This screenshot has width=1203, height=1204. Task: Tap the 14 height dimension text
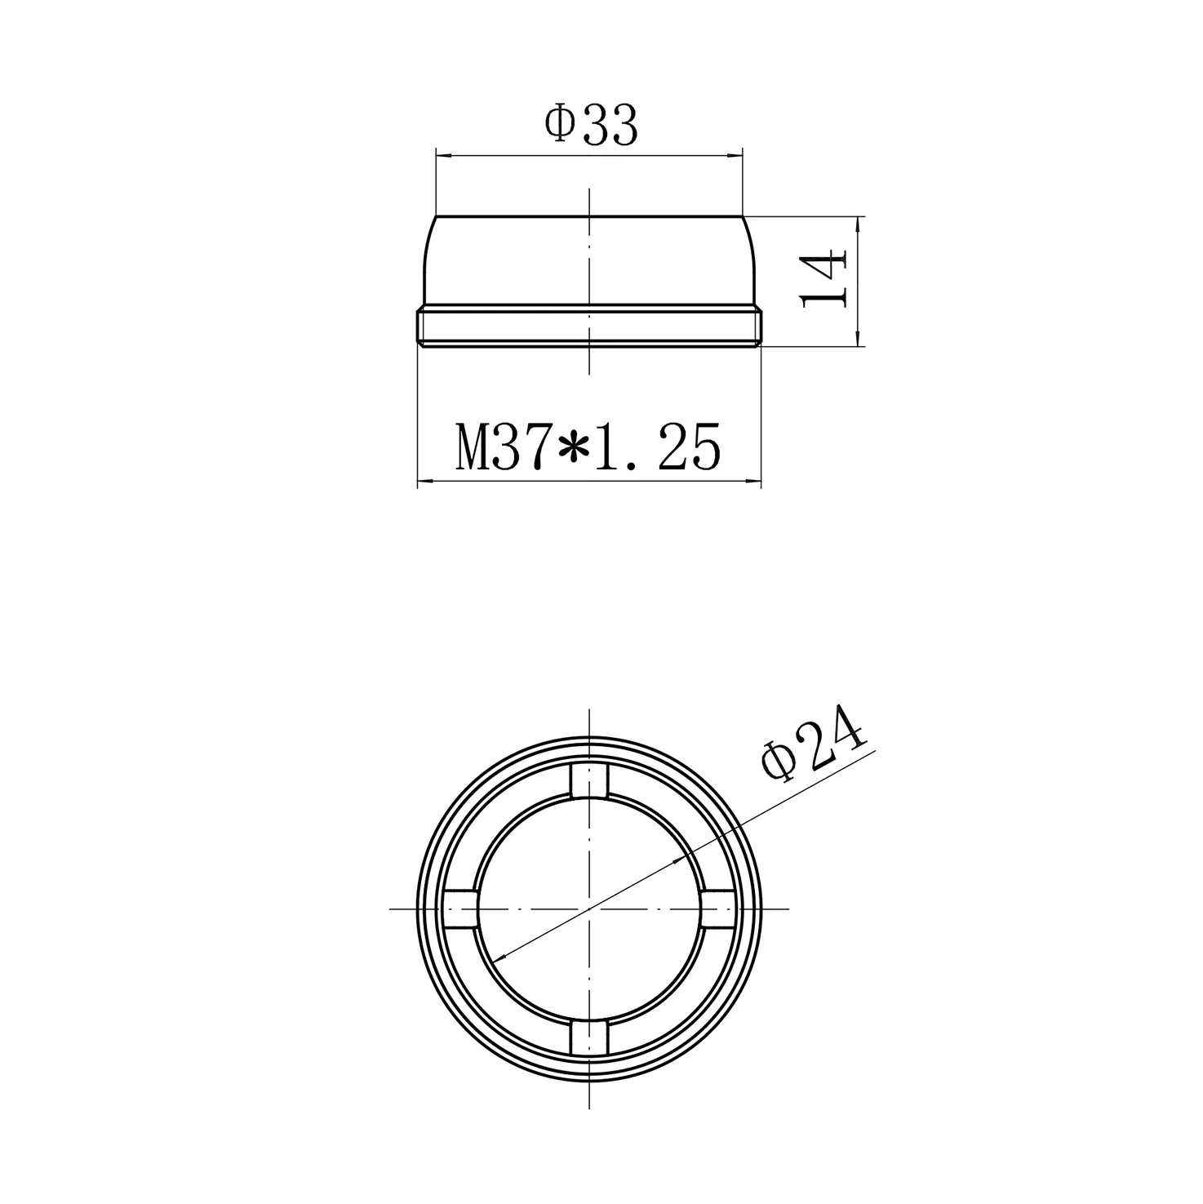point(825,278)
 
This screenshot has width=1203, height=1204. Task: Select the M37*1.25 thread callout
point(588,447)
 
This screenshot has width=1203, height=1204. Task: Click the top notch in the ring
point(589,780)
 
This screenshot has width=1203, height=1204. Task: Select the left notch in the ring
point(461,909)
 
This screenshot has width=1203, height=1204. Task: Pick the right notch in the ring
point(717,909)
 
